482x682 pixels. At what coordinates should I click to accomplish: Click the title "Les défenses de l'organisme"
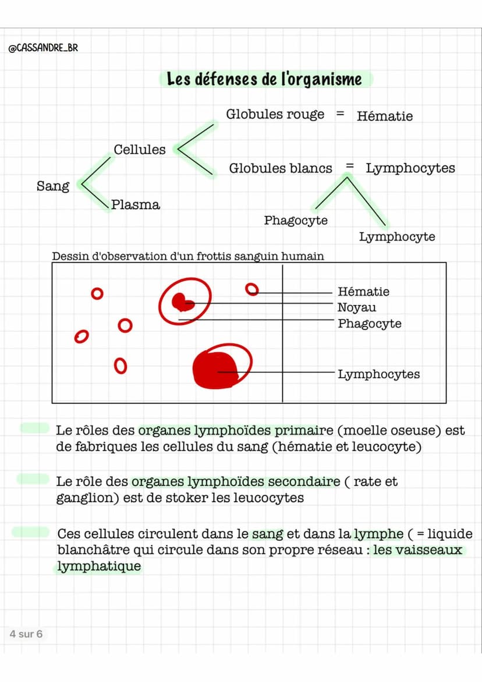264,79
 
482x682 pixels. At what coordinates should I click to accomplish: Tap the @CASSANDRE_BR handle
43,48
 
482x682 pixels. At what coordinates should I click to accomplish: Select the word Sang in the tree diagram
53,186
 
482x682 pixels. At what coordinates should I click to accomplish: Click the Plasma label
135,204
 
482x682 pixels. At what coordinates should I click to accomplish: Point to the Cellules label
140,150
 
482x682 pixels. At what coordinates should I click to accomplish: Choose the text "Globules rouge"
275,114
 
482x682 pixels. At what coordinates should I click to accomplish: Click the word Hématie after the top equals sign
385,116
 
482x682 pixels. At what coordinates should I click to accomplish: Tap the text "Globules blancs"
281,168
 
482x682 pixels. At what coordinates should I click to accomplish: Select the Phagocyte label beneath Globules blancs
296,220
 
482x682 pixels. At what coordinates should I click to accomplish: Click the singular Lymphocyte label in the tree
397,236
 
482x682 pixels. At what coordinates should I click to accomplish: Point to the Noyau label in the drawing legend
357,308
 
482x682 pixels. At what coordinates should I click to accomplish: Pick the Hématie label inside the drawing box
364,291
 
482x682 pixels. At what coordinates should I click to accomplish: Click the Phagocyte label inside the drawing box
370,323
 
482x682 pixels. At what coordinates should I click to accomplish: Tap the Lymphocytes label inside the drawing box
378,374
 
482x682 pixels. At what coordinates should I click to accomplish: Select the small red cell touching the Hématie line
251,289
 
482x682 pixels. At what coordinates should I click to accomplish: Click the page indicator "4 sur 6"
26,634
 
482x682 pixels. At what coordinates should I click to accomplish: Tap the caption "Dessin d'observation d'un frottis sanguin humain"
188,256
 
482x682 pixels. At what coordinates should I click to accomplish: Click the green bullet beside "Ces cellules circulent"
31,532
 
